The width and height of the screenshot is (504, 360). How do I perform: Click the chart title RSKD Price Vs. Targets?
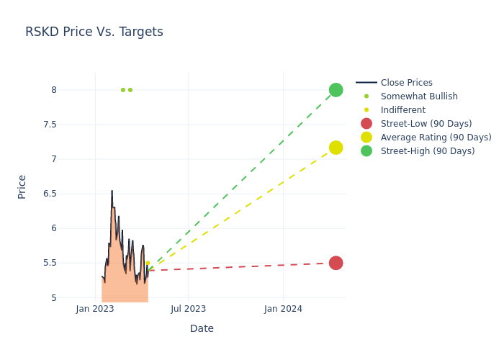pyautogui.click(x=94, y=32)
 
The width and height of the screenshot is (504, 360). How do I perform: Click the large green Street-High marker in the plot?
pyautogui.click(x=336, y=90)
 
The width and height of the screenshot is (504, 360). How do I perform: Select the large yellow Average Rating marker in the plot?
pyautogui.click(x=336, y=148)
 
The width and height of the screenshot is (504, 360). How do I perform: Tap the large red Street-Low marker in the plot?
pyautogui.click(x=336, y=263)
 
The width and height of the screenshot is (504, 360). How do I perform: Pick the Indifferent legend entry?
pyautogui.click(x=402, y=110)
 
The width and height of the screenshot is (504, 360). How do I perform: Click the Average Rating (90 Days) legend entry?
pyautogui.click(x=436, y=138)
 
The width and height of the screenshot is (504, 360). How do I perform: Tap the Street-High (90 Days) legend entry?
pyautogui.click(x=428, y=151)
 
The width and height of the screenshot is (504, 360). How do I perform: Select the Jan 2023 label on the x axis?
pyautogui.click(x=95, y=309)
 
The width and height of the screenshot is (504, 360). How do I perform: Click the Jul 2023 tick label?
pyautogui.click(x=189, y=309)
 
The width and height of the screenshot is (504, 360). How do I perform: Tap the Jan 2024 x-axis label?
pyautogui.click(x=283, y=309)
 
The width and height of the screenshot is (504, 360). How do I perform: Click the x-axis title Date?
pyautogui.click(x=202, y=328)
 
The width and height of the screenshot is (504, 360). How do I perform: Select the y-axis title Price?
pyautogui.click(x=22, y=186)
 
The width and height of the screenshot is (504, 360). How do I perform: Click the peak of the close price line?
pyautogui.click(x=112, y=191)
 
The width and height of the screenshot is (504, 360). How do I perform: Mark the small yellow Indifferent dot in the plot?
pyautogui.click(x=148, y=263)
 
